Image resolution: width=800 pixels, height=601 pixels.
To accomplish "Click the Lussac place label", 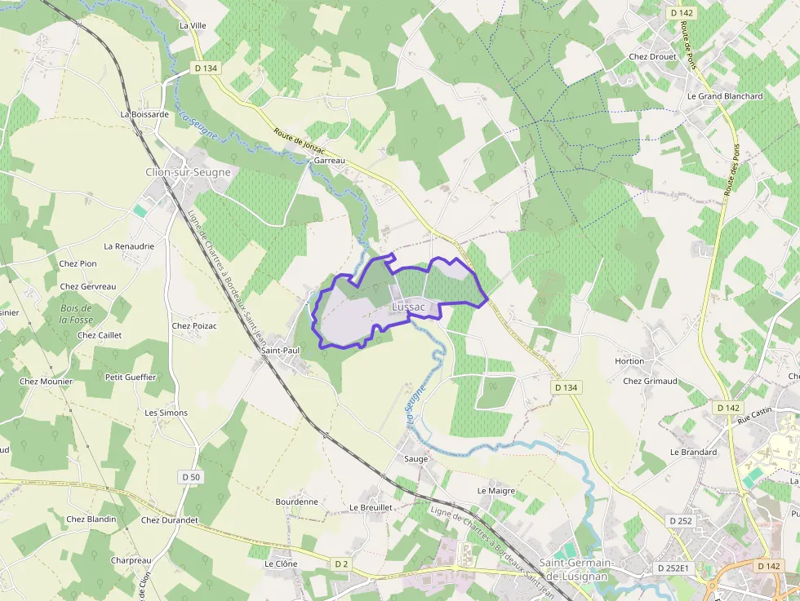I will (409, 307).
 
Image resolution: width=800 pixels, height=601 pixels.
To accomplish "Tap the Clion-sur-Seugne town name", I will (188, 172).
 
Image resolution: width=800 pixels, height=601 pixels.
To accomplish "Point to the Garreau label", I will (330, 161).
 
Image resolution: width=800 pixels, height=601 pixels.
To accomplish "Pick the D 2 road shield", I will (341, 563).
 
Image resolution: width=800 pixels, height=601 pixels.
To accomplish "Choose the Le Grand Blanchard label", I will (725, 96).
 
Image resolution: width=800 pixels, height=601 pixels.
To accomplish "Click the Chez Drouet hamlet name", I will (653, 57).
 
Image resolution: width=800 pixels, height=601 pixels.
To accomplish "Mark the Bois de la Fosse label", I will (76, 314).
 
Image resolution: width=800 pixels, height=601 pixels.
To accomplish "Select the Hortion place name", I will (629, 361).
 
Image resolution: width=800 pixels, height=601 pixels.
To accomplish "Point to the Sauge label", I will (416, 459).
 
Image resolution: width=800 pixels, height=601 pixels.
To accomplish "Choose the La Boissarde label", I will (144, 115).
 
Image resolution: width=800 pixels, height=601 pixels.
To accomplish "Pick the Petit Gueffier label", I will (131, 377).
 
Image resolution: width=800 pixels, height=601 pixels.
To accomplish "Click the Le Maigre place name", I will (496, 491).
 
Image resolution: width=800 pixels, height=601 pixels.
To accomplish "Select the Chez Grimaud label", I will (650, 381).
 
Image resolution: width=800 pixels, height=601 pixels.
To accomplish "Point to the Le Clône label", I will (281, 563).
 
